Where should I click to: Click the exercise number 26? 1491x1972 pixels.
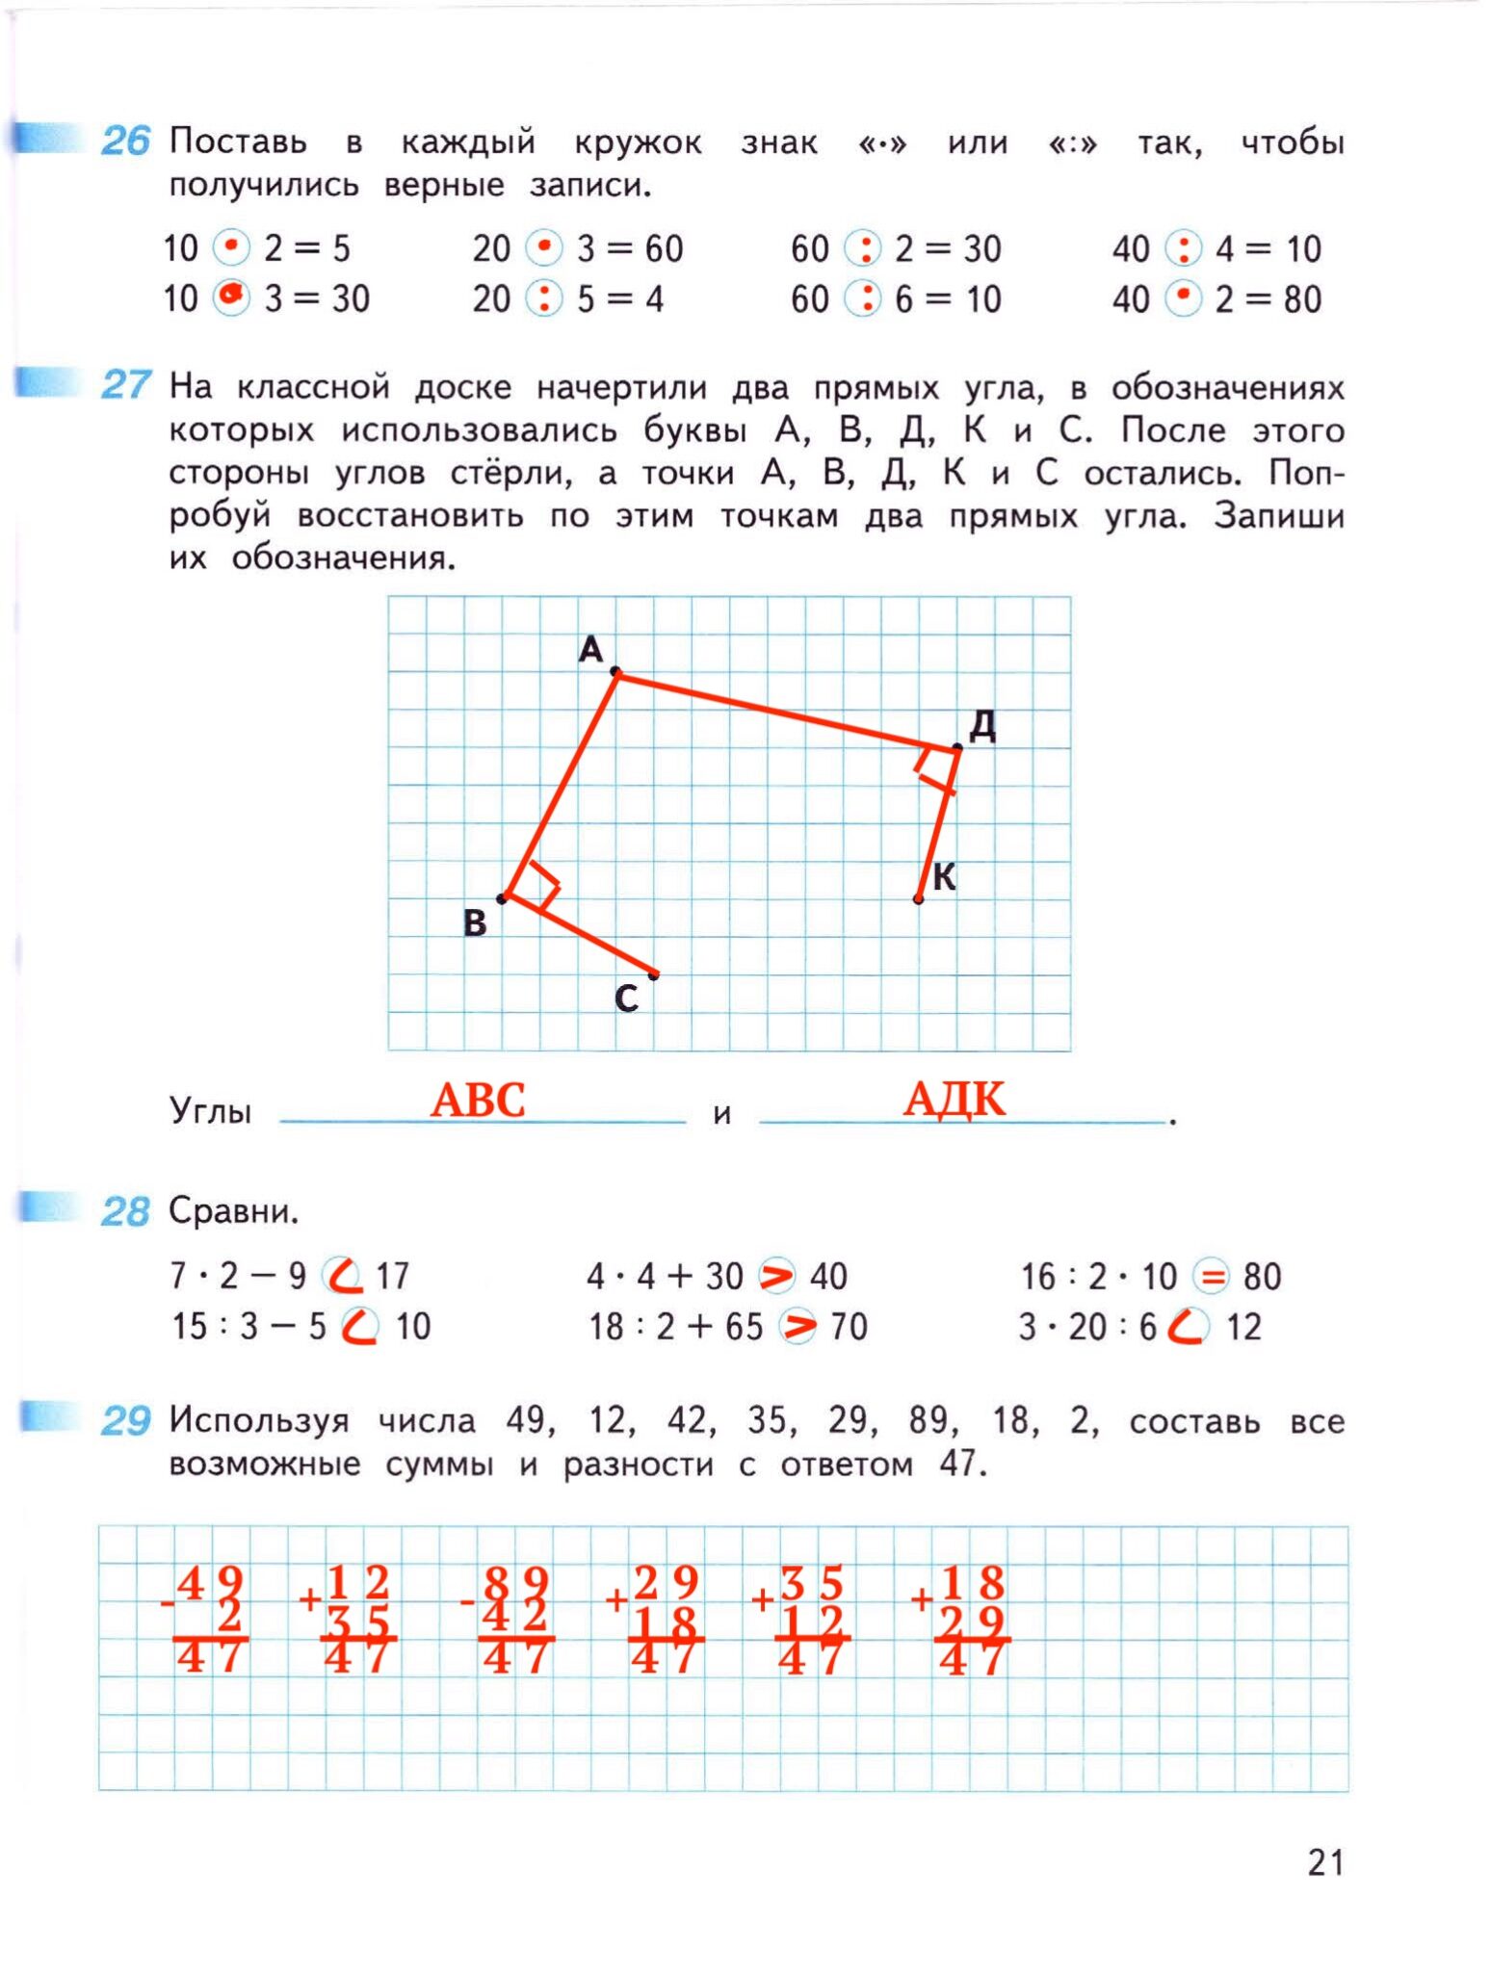coord(125,142)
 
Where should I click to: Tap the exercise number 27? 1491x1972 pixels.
coord(125,386)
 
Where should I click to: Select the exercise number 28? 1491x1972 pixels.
coord(125,1211)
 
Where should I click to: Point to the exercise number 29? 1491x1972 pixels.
coord(125,1420)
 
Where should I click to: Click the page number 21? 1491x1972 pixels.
coord(1325,1862)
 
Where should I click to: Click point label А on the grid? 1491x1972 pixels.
coord(590,650)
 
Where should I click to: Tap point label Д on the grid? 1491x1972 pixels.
coord(982,725)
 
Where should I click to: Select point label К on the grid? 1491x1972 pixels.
coord(944,877)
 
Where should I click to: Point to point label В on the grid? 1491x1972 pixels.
coord(475,922)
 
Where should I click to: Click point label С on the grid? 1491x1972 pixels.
coord(626,999)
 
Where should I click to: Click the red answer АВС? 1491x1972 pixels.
coord(478,1100)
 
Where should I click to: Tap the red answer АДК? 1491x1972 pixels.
coord(954,1099)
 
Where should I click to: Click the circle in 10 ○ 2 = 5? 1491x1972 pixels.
coord(231,247)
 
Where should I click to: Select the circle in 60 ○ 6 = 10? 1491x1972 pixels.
coord(864,298)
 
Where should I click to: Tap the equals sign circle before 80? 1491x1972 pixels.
coord(1212,1277)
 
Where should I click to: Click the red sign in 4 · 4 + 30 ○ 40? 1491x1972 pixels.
coord(776,1276)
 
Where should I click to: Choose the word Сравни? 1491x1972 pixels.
coord(233,1210)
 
